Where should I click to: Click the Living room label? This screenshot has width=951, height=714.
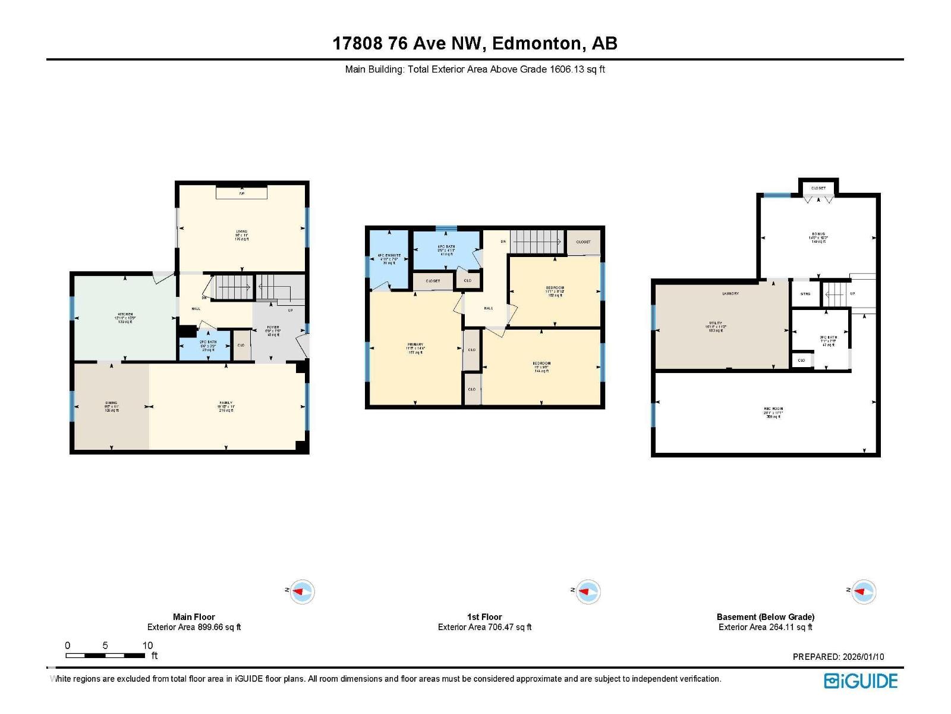click(x=241, y=232)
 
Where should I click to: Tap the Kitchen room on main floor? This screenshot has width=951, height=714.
click(x=125, y=315)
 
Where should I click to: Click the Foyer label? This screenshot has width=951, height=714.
click(x=273, y=328)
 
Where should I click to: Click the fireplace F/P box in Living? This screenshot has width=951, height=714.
click(x=241, y=193)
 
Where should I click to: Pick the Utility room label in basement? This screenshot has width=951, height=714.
click(x=716, y=324)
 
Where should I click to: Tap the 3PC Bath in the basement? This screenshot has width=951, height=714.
click(x=828, y=338)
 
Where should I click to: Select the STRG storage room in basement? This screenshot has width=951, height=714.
click(x=805, y=294)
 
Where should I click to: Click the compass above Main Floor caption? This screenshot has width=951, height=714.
click(x=303, y=591)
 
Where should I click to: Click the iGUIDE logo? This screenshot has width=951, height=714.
click(x=861, y=681)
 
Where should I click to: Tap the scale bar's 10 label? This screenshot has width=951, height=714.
click(x=147, y=646)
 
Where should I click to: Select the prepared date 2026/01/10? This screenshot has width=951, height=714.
click(x=863, y=657)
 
